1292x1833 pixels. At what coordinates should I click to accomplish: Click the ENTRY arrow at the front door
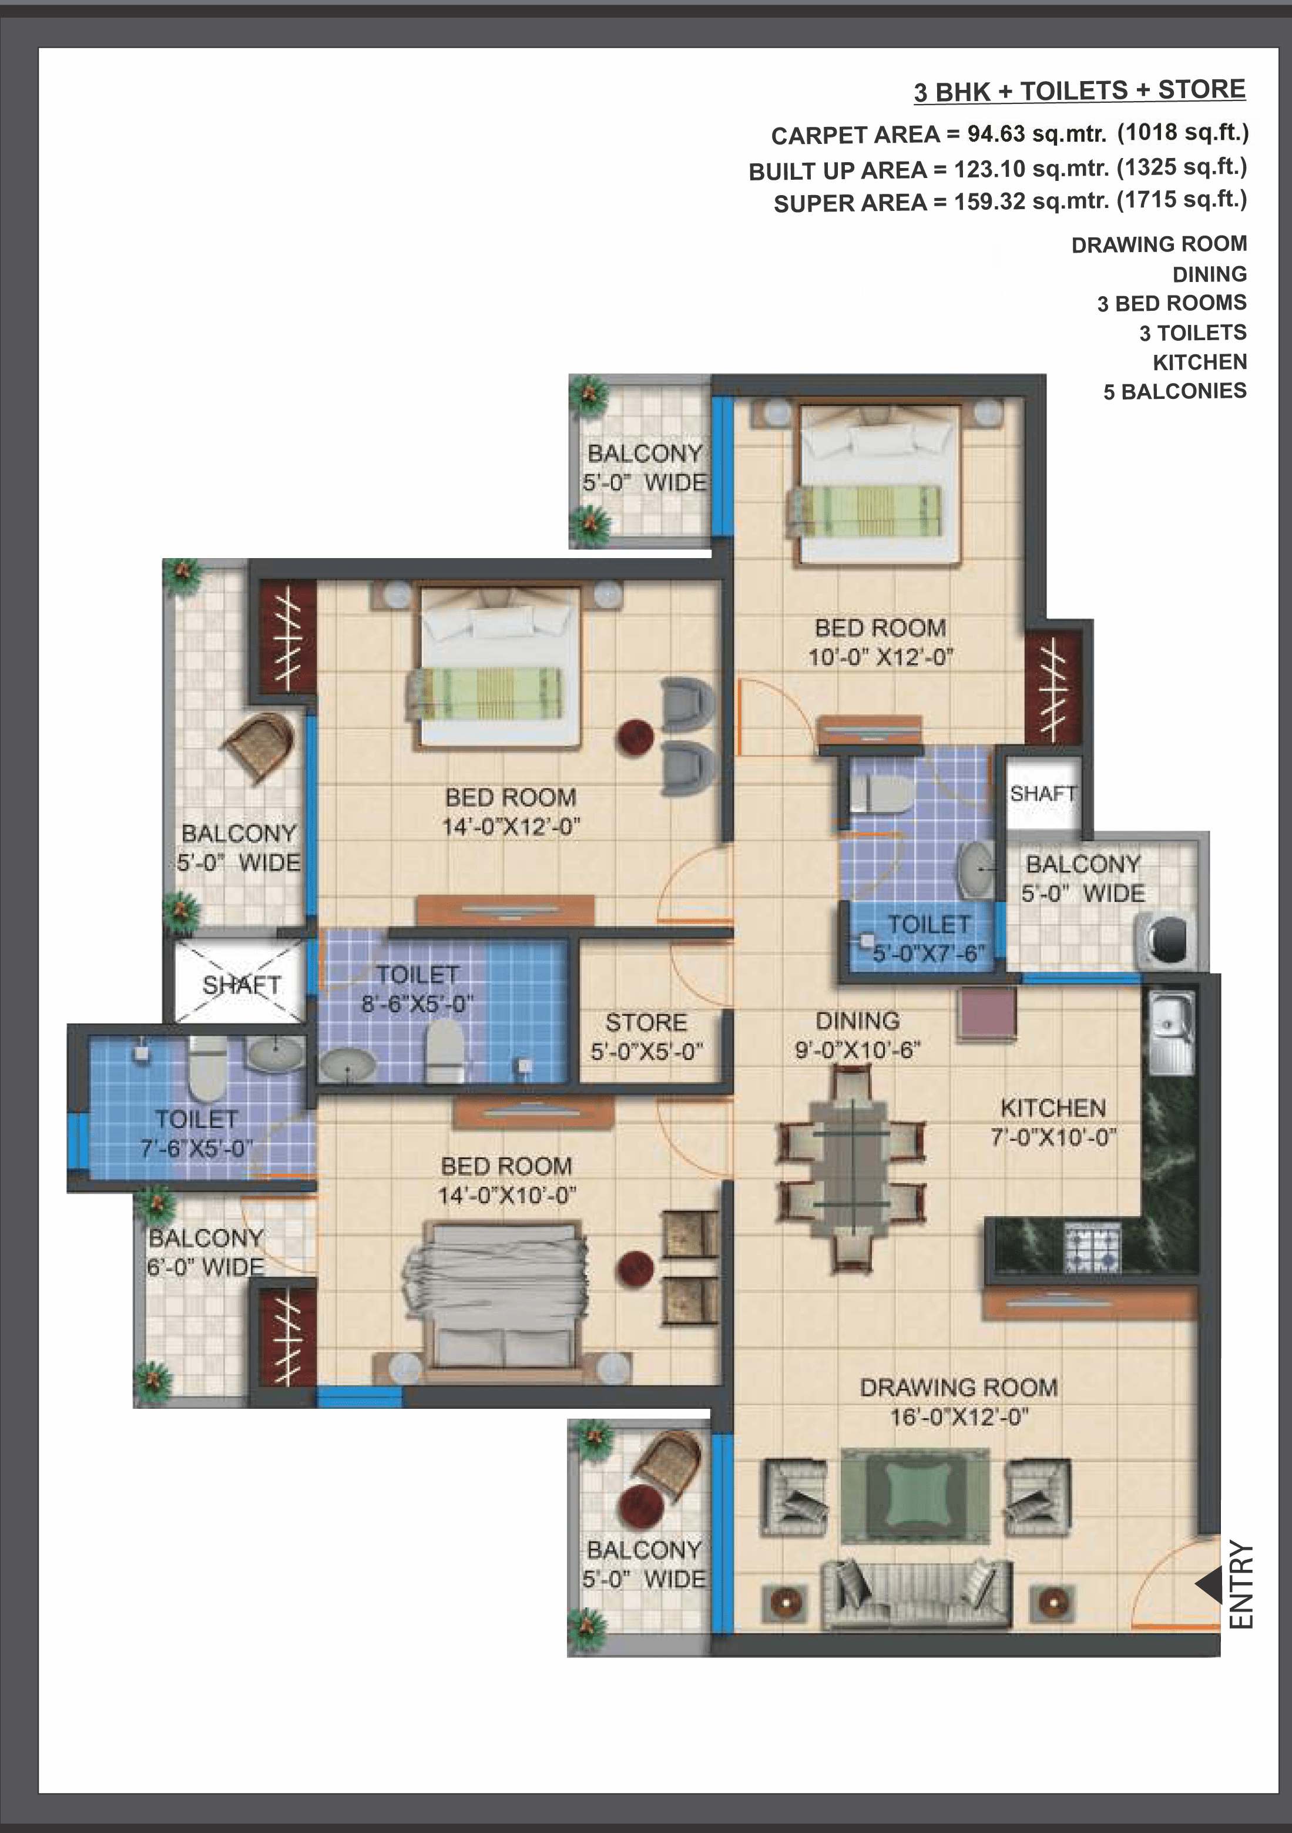coord(1209,1584)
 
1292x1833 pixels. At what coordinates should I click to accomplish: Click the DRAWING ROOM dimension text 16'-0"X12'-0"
coord(959,1417)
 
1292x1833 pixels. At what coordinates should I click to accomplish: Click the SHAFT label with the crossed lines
coord(241,985)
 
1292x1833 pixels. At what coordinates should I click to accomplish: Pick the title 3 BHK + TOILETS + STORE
coord(1079,91)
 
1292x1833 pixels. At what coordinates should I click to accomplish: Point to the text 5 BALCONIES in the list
coord(1174,391)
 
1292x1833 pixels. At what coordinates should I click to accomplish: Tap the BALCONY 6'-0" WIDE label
coord(206,1253)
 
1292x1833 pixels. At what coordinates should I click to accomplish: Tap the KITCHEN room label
coord(1053,1108)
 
